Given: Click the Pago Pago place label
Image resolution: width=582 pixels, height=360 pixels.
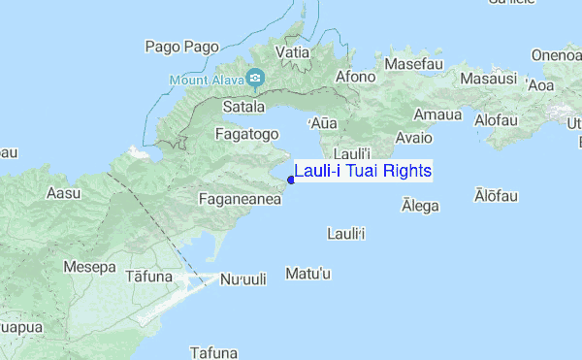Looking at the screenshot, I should [x=181, y=46].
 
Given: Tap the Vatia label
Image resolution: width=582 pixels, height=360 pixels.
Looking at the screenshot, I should [x=293, y=51].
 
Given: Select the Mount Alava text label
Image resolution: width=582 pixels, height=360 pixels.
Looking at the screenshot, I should [x=204, y=78].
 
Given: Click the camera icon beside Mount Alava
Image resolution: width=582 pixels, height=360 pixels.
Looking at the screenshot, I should [x=255, y=78].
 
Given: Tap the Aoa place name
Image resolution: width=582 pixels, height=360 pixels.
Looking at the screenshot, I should [x=539, y=85].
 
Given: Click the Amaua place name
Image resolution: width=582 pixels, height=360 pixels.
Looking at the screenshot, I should [x=437, y=115].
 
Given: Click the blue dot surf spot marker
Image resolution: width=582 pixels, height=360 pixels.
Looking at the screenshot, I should [x=291, y=179].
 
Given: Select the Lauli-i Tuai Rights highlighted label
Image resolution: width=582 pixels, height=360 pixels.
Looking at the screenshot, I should [x=363, y=171].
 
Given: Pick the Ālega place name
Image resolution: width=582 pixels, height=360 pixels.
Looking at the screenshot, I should [x=420, y=206].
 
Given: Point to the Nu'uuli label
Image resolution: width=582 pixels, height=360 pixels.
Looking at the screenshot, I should [x=242, y=278].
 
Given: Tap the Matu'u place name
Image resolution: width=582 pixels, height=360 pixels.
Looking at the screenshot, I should [x=309, y=275].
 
